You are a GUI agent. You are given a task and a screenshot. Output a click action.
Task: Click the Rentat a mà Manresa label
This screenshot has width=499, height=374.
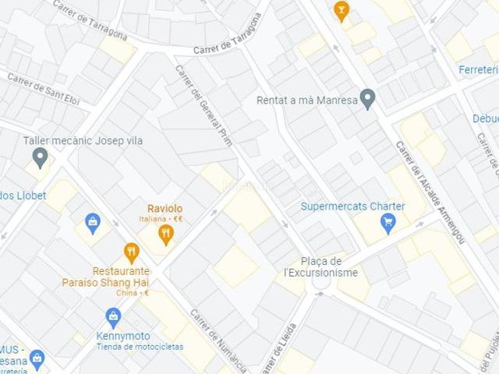(306, 100)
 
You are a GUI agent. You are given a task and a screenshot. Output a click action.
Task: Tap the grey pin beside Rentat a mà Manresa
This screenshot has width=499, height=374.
(368, 98)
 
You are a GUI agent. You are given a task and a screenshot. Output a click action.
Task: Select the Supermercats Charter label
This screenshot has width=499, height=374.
(352, 206)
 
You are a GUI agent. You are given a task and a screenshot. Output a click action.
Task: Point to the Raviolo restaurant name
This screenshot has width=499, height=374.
(165, 209)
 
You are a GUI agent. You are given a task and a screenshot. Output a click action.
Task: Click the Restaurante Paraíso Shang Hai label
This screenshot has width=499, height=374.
(105, 277)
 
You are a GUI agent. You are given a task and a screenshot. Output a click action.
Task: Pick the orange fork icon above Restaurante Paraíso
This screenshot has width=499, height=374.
(131, 252)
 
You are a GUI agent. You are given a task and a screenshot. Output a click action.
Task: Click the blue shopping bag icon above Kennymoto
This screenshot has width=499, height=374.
(114, 316)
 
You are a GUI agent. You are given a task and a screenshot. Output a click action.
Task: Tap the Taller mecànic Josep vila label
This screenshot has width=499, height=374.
(83, 140)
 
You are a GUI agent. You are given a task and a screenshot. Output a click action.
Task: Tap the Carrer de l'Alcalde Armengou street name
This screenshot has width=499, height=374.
(430, 191)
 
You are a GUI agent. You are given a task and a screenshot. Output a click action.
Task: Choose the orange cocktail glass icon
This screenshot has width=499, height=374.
(341, 10)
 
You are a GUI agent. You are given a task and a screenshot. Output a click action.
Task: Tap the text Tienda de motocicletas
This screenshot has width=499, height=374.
(140, 347)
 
